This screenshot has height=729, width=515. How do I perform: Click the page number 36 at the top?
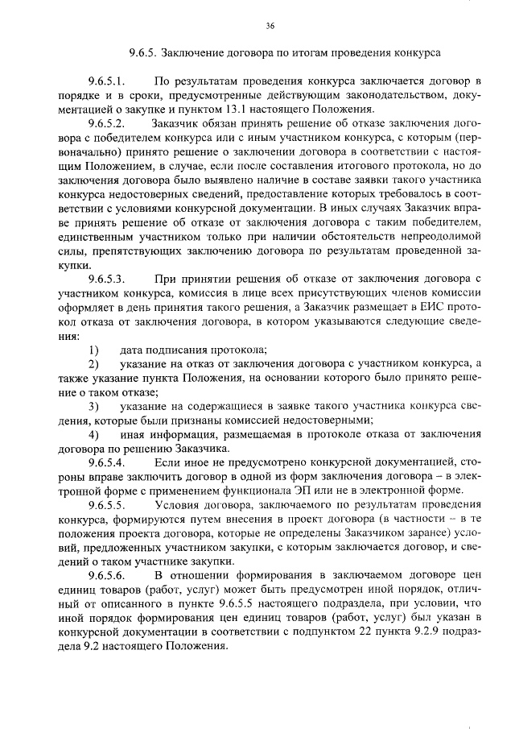click(270, 27)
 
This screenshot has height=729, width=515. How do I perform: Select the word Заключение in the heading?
click(192, 54)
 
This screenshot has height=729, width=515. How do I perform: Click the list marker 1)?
click(93, 349)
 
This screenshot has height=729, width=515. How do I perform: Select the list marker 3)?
click(93, 405)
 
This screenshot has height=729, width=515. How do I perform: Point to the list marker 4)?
click(93, 435)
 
